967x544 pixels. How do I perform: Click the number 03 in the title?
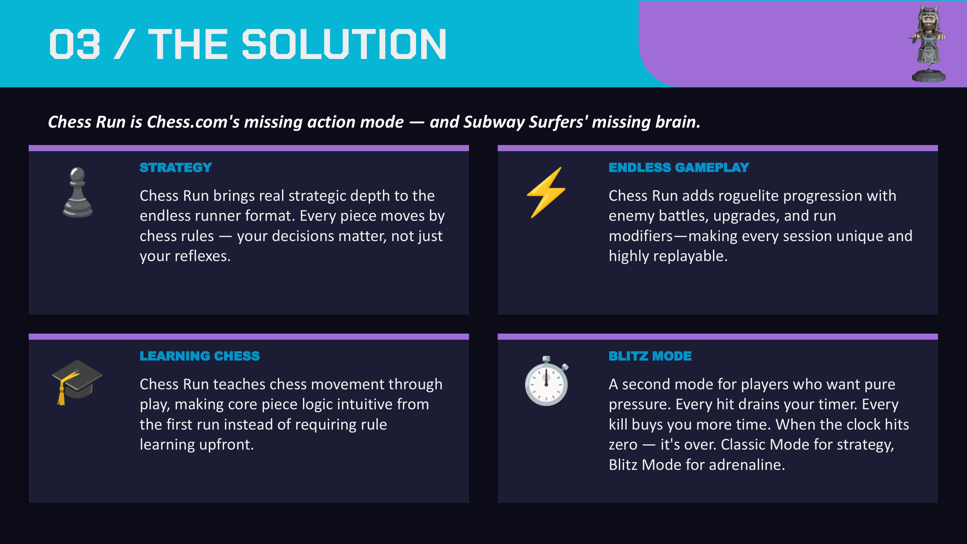pyautogui.click(x=75, y=44)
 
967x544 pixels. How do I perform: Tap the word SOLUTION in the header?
pyautogui.click(x=344, y=44)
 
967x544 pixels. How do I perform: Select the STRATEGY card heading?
pyautogui.click(x=176, y=168)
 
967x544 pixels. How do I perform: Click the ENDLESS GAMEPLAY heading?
pyautogui.click(x=679, y=168)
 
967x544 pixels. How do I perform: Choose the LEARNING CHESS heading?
pyautogui.click(x=200, y=356)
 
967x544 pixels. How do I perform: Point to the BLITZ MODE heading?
pyautogui.click(x=650, y=356)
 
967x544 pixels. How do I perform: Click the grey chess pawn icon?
pyautogui.click(x=78, y=192)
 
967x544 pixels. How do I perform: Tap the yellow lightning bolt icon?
pyautogui.click(x=546, y=192)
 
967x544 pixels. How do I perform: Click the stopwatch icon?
pyautogui.click(x=547, y=381)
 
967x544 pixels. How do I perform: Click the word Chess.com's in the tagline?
pyautogui.click(x=193, y=122)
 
